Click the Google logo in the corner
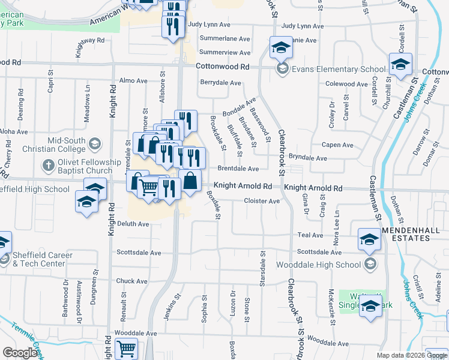[x=20, y=353]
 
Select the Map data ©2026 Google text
[x=411, y=356]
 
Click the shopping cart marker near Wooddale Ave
[x=126, y=349]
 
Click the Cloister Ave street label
[x=262, y=202]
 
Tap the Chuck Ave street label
[x=131, y=281]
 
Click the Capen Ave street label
[x=337, y=145]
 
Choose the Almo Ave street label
[x=133, y=80]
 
